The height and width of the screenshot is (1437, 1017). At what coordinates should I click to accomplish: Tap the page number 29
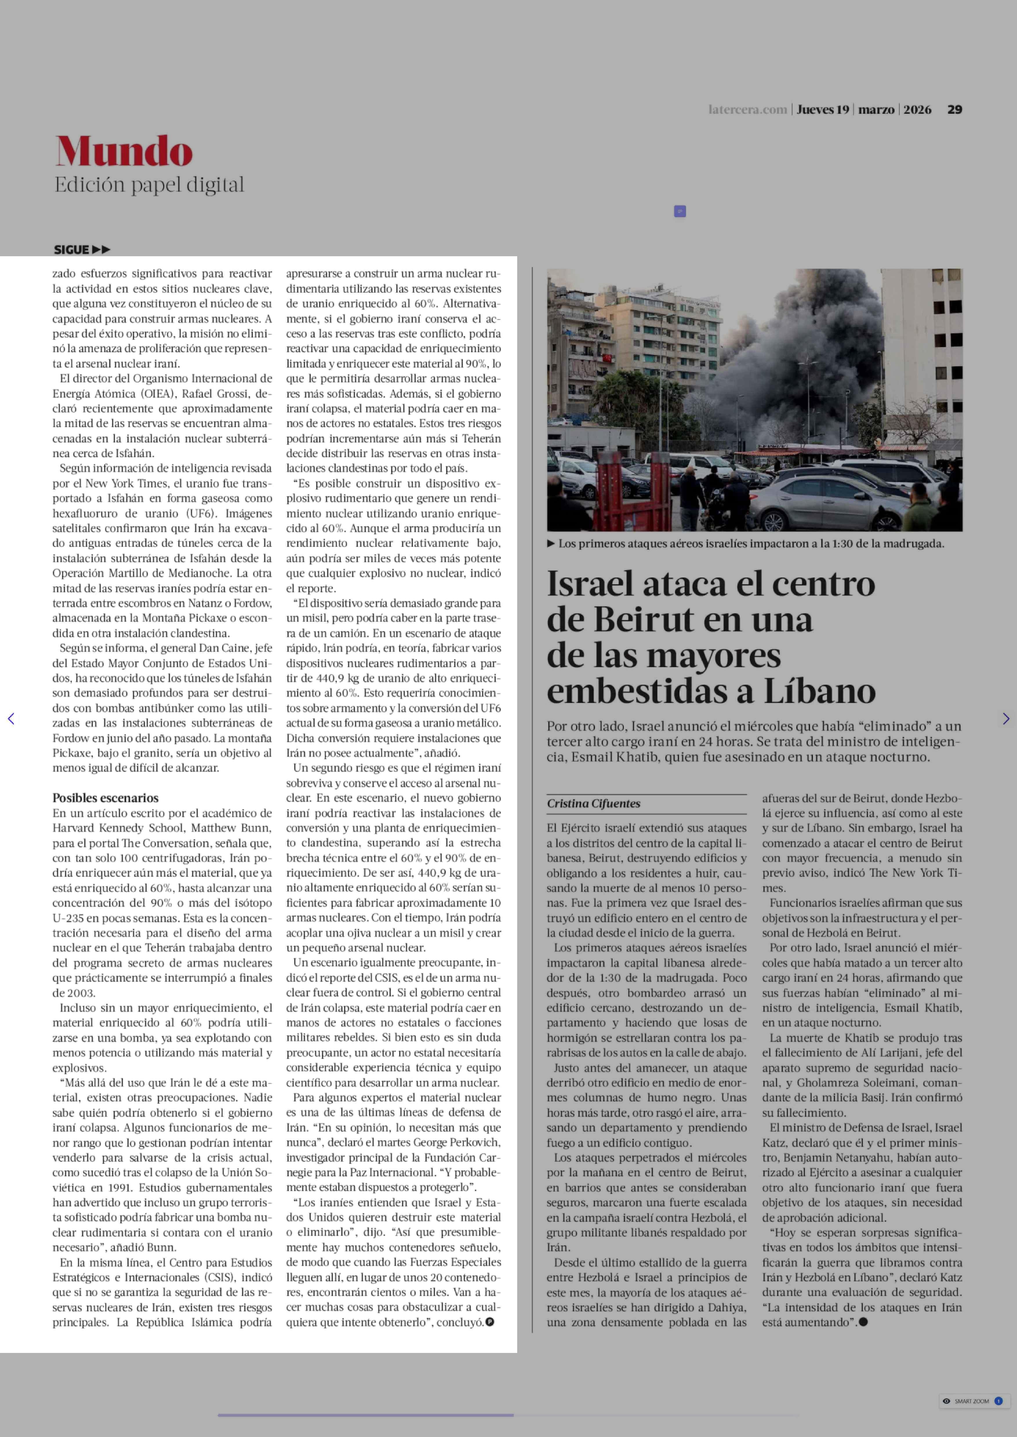954,110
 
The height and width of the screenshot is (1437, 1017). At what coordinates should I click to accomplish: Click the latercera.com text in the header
747,110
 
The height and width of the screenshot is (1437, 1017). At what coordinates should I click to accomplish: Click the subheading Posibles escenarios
105,798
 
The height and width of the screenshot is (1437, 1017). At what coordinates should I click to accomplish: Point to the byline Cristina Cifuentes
594,803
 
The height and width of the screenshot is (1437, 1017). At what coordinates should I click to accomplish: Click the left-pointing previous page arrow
11,719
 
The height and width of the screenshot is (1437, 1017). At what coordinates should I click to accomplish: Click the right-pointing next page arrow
1006,719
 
